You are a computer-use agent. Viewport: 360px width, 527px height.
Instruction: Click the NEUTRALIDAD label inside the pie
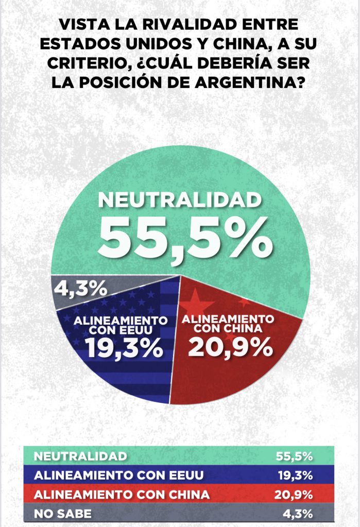click(180, 200)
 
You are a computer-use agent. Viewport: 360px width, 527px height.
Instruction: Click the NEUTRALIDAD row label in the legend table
click(80, 456)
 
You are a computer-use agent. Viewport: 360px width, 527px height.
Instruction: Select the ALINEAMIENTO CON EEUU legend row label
click(118, 475)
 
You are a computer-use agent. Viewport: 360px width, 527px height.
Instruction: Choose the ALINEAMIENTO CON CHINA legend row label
click(122, 495)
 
